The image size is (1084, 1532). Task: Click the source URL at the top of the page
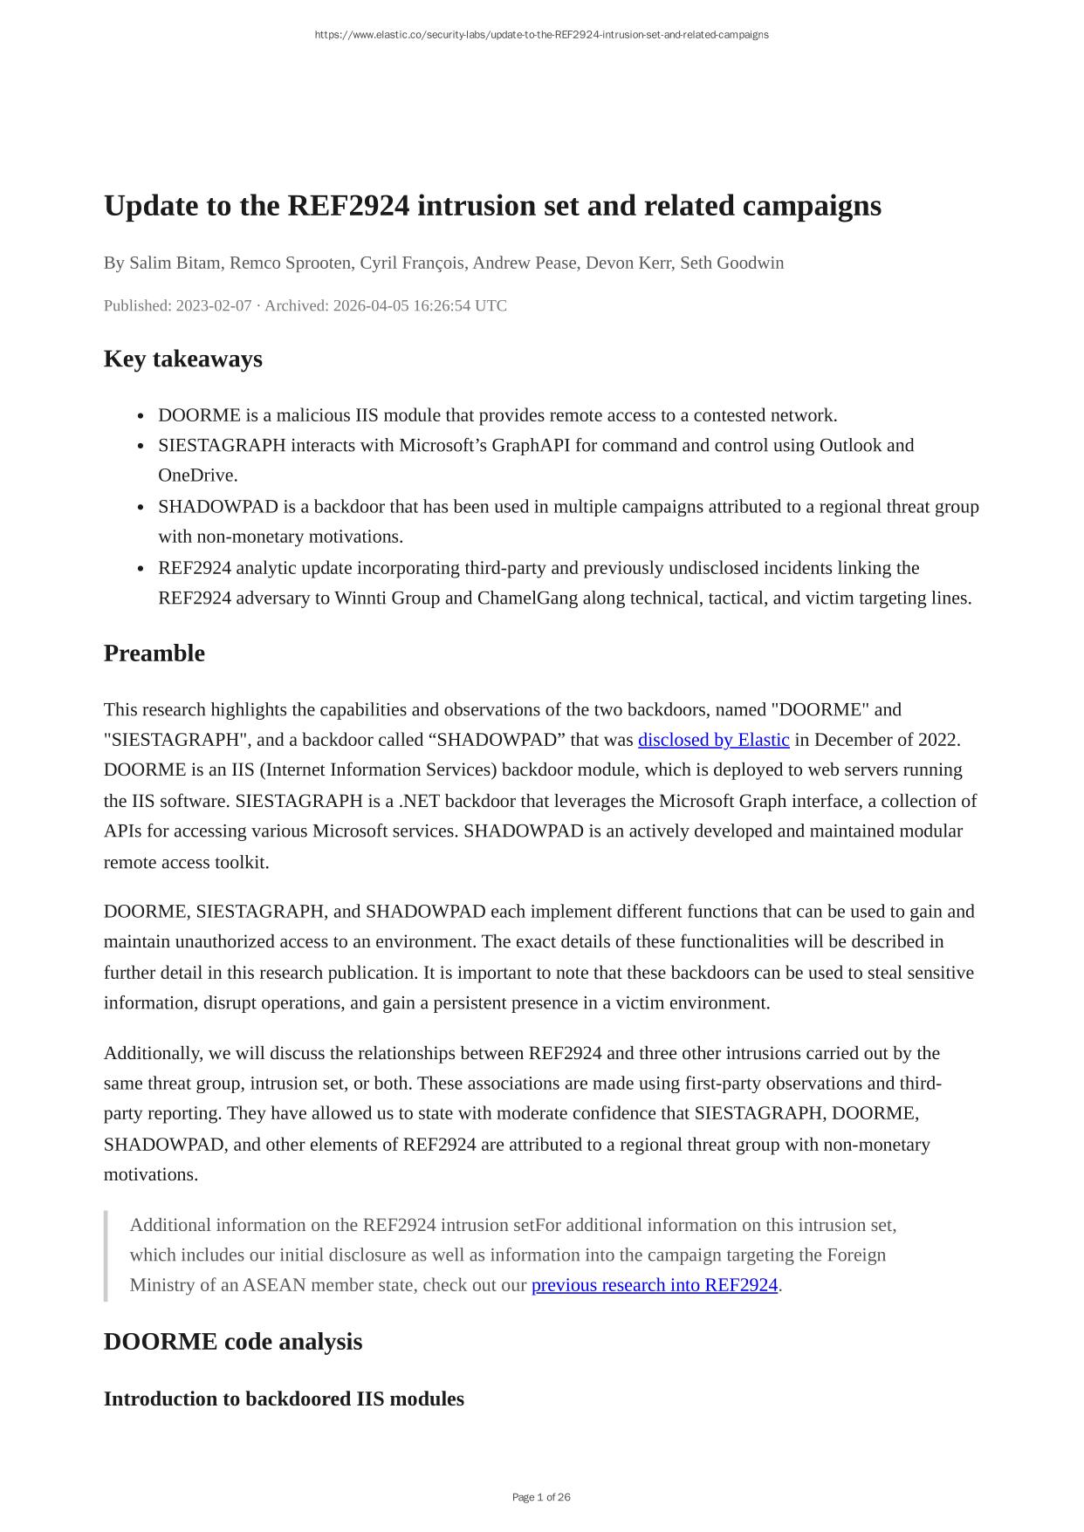coord(541,35)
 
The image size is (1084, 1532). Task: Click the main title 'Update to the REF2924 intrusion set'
coord(492,206)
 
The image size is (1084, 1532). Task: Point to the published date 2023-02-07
coord(213,305)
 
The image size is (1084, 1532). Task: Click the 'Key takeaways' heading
coord(182,359)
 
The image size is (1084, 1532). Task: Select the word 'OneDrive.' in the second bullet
coord(197,475)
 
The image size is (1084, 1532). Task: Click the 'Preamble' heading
coord(154,653)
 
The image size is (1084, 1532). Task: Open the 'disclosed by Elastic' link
coord(713,740)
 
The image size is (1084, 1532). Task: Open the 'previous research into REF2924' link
coord(654,1285)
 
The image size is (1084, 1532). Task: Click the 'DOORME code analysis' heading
coord(232,1342)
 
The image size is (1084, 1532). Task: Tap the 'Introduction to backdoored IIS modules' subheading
coord(284,1399)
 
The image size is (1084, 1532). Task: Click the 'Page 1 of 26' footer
coord(541,1497)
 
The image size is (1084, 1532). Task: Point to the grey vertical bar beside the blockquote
coord(106,1255)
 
